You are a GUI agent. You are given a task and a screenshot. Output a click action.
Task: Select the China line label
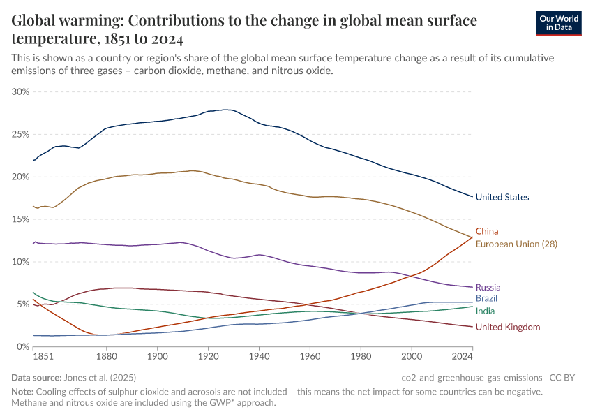coord(487,231)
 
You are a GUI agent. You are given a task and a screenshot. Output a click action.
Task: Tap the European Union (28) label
coord(516,244)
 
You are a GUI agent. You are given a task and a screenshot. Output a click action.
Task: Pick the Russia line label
coord(488,287)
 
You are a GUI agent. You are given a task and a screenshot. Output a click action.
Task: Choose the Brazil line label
coord(486,298)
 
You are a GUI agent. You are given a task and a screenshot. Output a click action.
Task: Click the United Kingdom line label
coord(507,327)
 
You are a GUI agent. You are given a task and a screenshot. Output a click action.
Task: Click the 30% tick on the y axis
coord(21,91)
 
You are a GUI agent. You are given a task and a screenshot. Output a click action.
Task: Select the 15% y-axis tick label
coord(21,219)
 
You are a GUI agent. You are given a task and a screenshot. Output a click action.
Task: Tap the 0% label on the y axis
coord(23,347)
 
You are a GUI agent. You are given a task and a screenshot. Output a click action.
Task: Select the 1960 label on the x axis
coord(310,358)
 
